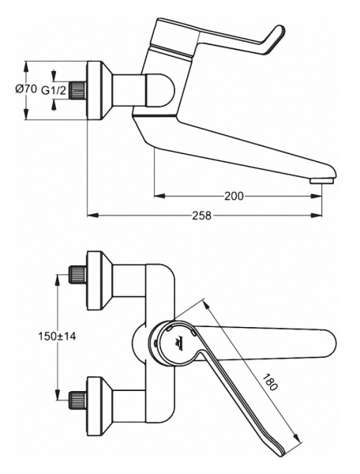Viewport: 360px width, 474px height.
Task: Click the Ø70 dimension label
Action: pyautogui.click(x=26, y=90)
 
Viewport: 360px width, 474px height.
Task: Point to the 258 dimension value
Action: pyautogui.click(x=203, y=216)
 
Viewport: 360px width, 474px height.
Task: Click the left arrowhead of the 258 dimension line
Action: pyautogui.click(x=90, y=216)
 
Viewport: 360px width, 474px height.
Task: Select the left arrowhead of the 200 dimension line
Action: pyautogui.click(x=157, y=195)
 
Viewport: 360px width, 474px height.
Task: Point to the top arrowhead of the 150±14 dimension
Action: pyautogui.click(x=58, y=277)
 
